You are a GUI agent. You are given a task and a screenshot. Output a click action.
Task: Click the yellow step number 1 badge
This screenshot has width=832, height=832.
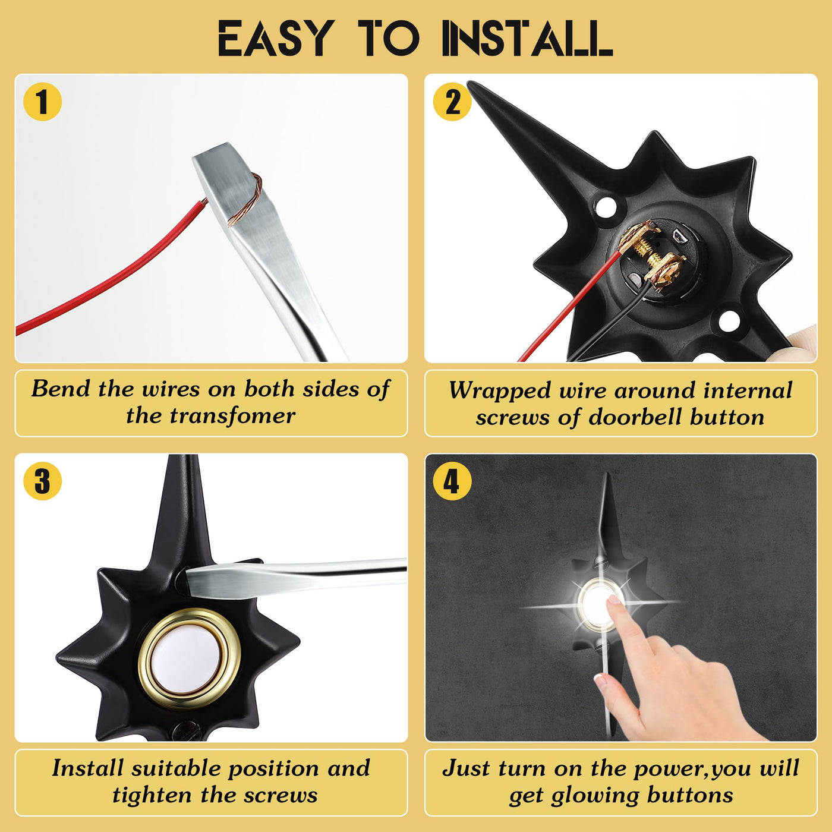click(42, 102)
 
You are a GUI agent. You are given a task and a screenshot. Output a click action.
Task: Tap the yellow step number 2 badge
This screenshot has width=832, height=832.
click(452, 102)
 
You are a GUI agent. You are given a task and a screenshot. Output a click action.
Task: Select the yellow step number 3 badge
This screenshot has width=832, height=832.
click(42, 481)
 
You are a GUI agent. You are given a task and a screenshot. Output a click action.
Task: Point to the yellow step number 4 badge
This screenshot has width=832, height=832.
click(451, 481)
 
